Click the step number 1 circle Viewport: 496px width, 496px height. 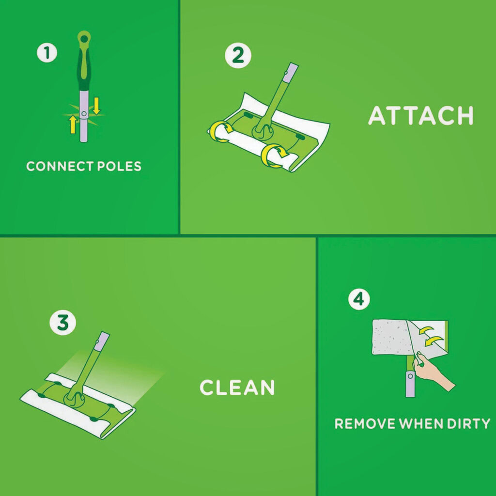[47, 53]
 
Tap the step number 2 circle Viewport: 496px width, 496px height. [238, 55]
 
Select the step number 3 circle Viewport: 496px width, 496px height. [62, 323]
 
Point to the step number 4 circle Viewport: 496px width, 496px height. [359, 299]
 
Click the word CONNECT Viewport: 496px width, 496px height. [60, 167]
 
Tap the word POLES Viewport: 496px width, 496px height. [119, 167]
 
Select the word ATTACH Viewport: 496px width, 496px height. [421, 115]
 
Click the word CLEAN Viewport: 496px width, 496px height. [237, 387]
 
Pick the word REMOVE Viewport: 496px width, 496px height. [365, 423]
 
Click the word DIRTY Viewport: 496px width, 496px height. [468, 423]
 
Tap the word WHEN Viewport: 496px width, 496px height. [421, 423]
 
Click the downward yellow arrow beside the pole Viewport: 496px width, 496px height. [96, 106]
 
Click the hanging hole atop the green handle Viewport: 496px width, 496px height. [84, 39]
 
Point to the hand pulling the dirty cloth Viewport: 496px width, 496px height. [434, 372]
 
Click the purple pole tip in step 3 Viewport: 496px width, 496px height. [102, 341]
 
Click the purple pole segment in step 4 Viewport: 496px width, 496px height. [410, 384]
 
